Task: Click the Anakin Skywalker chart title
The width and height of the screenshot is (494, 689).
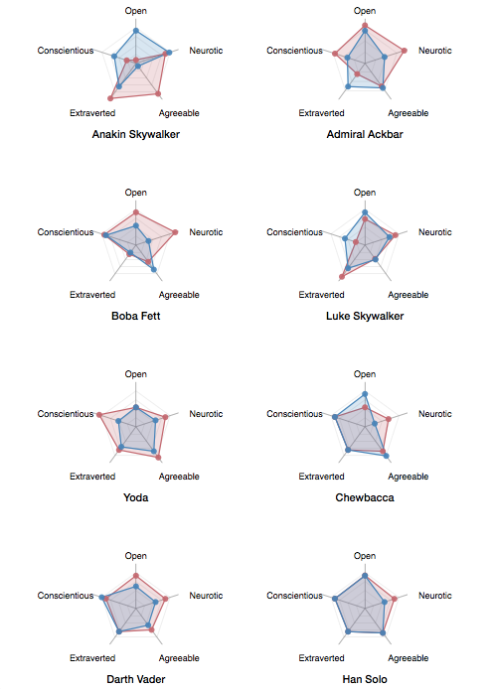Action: tap(135, 134)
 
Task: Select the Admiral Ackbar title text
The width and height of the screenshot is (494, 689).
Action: tap(365, 134)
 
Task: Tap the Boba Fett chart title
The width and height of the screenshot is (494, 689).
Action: tap(135, 316)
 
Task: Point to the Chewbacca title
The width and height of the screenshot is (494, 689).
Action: tap(365, 497)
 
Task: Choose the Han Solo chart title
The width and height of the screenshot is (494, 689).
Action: tap(365, 679)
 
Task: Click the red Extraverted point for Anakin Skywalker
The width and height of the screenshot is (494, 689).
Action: tap(110, 98)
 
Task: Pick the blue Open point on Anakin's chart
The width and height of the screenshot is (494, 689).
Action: tap(136, 31)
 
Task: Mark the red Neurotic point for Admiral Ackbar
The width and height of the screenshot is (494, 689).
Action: tap(405, 51)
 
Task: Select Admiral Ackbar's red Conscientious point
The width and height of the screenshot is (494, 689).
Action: tap(335, 54)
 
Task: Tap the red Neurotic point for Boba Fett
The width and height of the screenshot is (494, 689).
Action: tap(175, 232)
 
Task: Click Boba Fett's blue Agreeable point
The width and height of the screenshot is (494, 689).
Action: tap(153, 269)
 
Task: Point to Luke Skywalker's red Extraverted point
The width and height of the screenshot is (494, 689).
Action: tap(342, 277)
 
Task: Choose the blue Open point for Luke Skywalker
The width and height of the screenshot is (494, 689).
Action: tap(365, 212)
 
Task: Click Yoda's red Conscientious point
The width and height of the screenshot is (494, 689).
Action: tap(99, 415)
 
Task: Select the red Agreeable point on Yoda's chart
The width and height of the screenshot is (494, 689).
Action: tap(158, 458)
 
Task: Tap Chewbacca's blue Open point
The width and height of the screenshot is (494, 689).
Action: tap(365, 394)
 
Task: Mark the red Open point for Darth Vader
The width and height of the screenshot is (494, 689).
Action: tap(136, 576)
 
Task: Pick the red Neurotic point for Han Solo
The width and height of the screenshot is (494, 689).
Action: tap(395, 599)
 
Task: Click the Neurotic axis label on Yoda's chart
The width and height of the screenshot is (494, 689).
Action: tap(206, 414)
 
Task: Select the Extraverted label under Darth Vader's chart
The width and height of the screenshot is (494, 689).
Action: tap(92, 658)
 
